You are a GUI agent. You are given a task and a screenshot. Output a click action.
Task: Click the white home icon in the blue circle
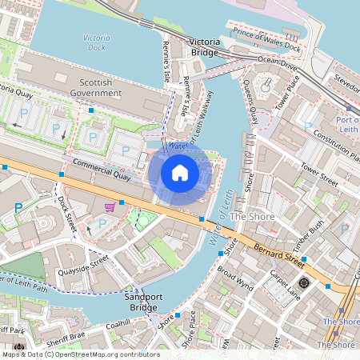click(180, 173)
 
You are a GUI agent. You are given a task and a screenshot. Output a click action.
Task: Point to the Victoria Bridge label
click(210, 46)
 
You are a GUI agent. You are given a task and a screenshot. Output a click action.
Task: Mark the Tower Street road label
click(319, 174)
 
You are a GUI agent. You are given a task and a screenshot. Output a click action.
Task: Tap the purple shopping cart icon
click(110, 207)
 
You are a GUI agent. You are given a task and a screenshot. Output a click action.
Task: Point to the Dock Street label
click(66, 210)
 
